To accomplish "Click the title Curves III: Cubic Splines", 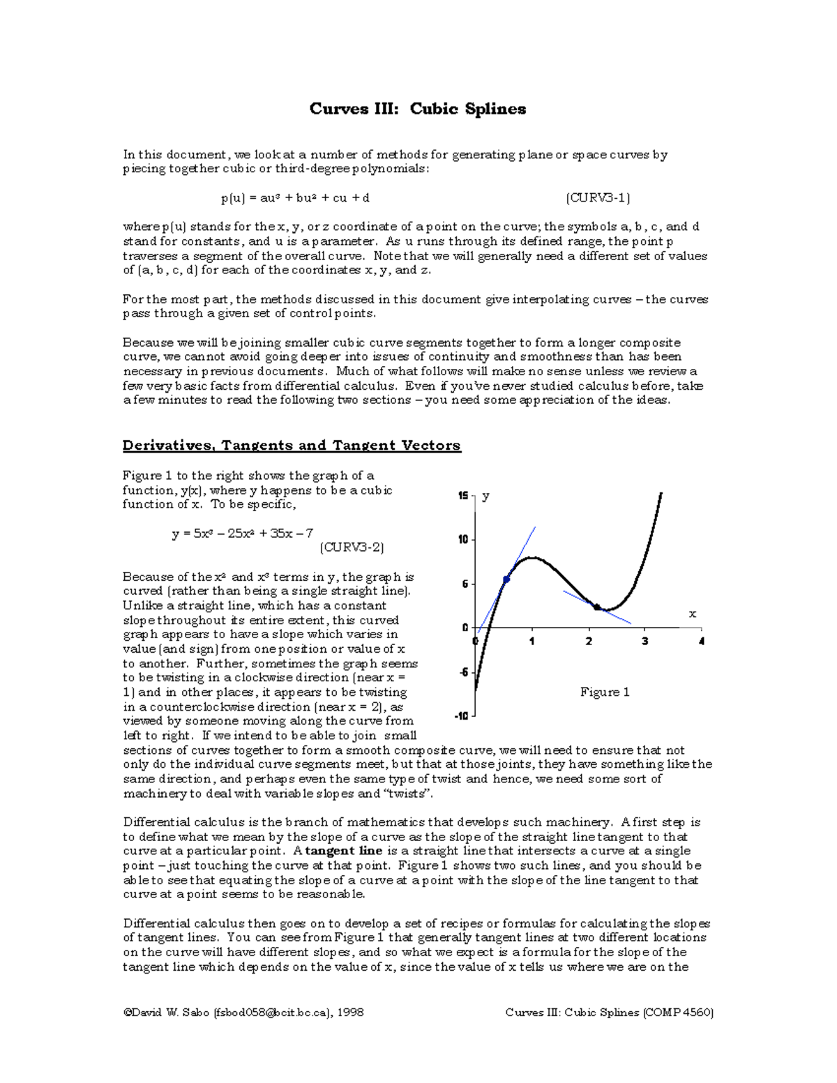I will [x=418, y=109].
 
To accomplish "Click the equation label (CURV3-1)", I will [x=598, y=198].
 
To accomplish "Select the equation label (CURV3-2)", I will [x=352, y=547].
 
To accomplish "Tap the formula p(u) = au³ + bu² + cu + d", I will [x=295, y=198].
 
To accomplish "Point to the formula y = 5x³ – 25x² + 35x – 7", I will [x=242, y=533].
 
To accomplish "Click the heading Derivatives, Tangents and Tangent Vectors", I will [x=292, y=446].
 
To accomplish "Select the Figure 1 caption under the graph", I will [x=605, y=692].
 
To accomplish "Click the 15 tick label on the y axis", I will [x=462, y=496].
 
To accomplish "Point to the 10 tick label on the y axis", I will [x=462, y=540].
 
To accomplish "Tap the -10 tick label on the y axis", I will [x=461, y=716].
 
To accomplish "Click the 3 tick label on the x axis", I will [x=644, y=641].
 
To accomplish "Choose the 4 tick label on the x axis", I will [x=701, y=641].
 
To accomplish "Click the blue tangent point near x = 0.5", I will [x=506, y=580].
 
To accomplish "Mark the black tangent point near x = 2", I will [x=597, y=607].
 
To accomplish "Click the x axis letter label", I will [x=693, y=614].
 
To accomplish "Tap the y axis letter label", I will [x=485, y=496].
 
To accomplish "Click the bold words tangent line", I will [x=344, y=851].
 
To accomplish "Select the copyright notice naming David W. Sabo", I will [x=243, y=1012].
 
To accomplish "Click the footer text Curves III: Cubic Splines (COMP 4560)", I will [x=609, y=1012].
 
